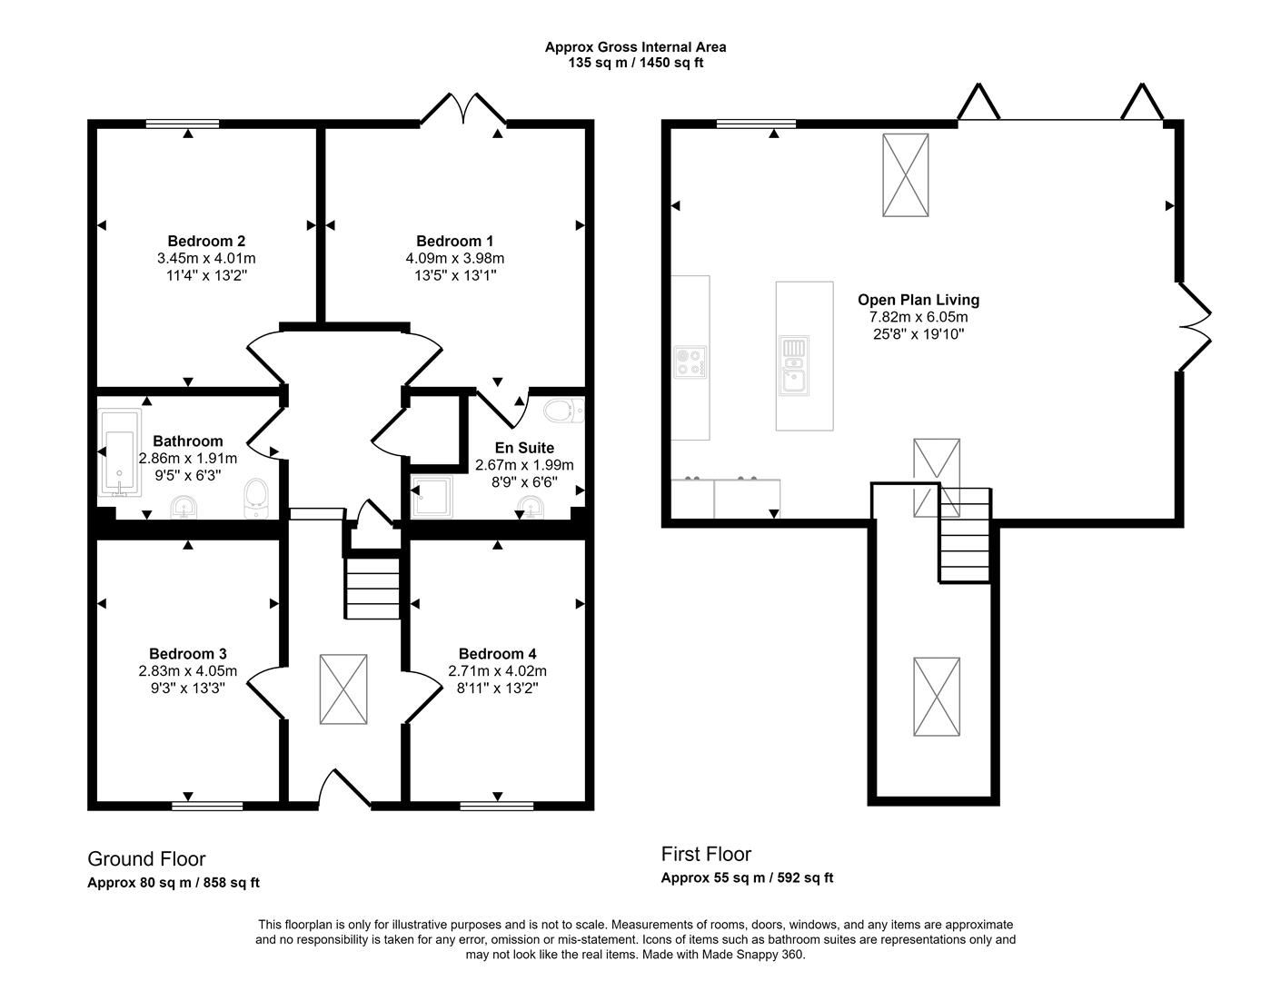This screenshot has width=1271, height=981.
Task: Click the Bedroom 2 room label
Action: (206, 241)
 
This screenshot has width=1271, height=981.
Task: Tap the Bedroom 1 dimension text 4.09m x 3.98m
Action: (454, 258)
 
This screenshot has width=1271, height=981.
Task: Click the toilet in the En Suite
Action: (564, 411)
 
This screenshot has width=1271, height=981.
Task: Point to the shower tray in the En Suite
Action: (432, 496)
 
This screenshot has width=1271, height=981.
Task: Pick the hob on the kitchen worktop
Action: (690, 362)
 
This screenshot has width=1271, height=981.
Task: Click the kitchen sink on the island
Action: (794, 365)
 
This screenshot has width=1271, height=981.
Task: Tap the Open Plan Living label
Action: (918, 300)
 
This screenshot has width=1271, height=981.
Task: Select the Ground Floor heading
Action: (146, 858)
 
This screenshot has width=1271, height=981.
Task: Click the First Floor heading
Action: (706, 854)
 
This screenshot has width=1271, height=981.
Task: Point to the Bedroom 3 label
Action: (188, 654)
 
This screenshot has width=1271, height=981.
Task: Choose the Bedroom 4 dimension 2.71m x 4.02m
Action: (497, 671)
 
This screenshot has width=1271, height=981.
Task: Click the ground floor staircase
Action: (372, 588)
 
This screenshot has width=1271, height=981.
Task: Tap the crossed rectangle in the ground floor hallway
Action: (343, 689)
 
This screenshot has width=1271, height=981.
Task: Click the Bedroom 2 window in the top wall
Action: (183, 124)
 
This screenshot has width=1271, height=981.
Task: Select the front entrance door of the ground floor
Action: (345, 788)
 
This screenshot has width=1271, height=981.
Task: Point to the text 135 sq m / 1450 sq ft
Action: (636, 63)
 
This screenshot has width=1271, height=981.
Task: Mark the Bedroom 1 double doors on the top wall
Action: (463, 108)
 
